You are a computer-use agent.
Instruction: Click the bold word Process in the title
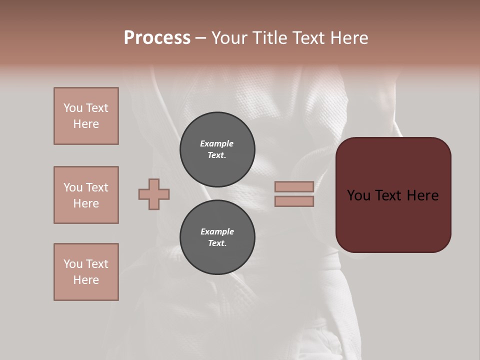coord(157,38)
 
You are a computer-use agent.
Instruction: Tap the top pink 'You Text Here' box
coord(86,116)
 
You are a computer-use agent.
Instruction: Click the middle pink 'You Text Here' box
coord(86,195)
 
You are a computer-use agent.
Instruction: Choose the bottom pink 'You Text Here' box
coord(86,272)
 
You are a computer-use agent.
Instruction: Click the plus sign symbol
coord(154,194)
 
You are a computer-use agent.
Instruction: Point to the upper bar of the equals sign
coord(294,186)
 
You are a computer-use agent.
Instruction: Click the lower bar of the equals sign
coord(294,201)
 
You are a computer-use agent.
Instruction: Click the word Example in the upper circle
coord(216,143)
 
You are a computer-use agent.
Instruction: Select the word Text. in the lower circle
coord(217,243)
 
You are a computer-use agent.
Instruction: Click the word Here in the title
coord(349,38)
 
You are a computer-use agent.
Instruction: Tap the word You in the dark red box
coord(358,195)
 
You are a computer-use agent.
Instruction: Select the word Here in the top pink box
coord(86,124)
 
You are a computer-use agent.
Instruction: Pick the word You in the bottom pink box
coord(72,264)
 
